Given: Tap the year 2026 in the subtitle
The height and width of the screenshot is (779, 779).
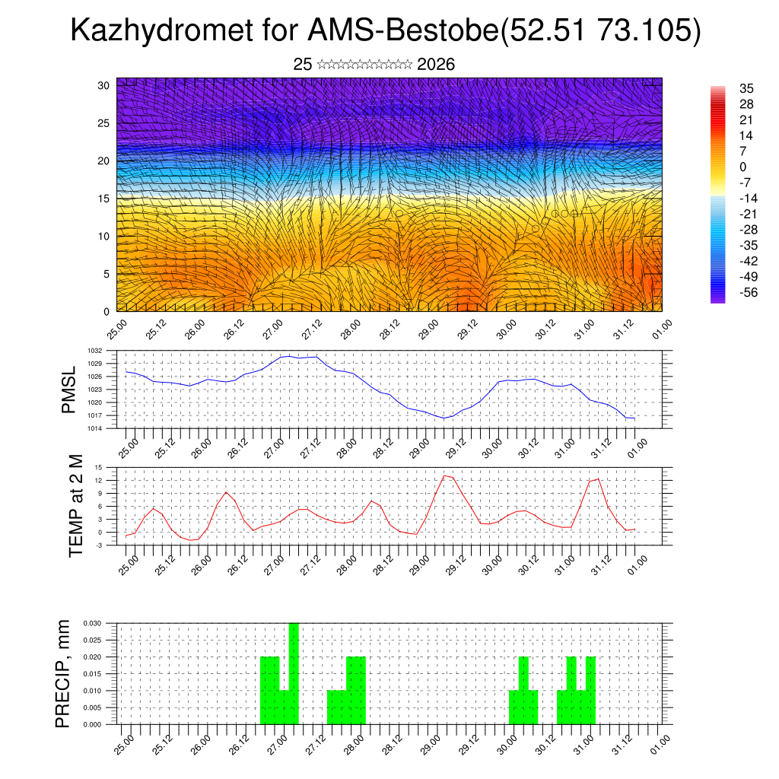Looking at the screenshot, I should (436, 65).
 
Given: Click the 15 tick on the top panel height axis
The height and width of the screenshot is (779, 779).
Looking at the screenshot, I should (104, 199).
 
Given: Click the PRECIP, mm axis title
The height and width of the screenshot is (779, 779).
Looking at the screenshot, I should (63, 673).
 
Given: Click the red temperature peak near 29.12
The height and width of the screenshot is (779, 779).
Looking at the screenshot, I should (445, 475).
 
